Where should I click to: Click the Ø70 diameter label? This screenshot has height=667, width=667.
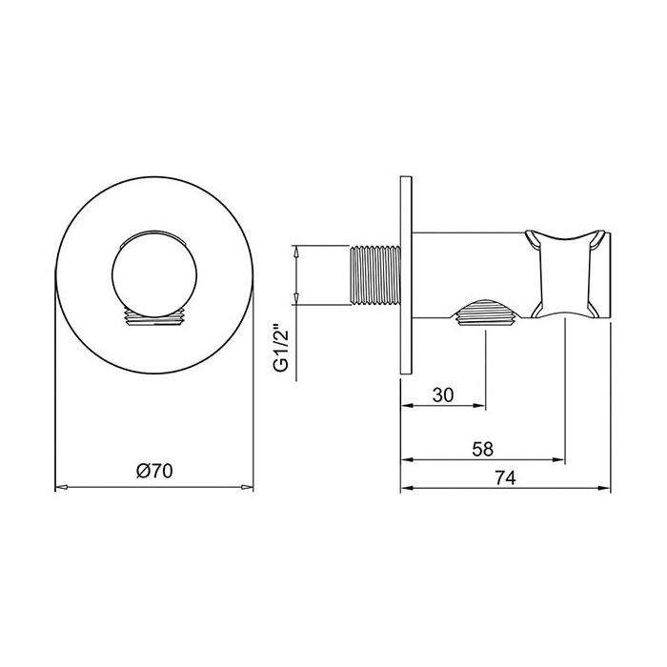coord(153,471)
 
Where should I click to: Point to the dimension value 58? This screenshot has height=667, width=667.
coord(482,447)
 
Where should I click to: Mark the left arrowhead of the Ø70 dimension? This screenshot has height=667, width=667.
coord(59,487)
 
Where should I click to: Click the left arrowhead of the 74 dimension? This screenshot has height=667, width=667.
coord(403,487)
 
